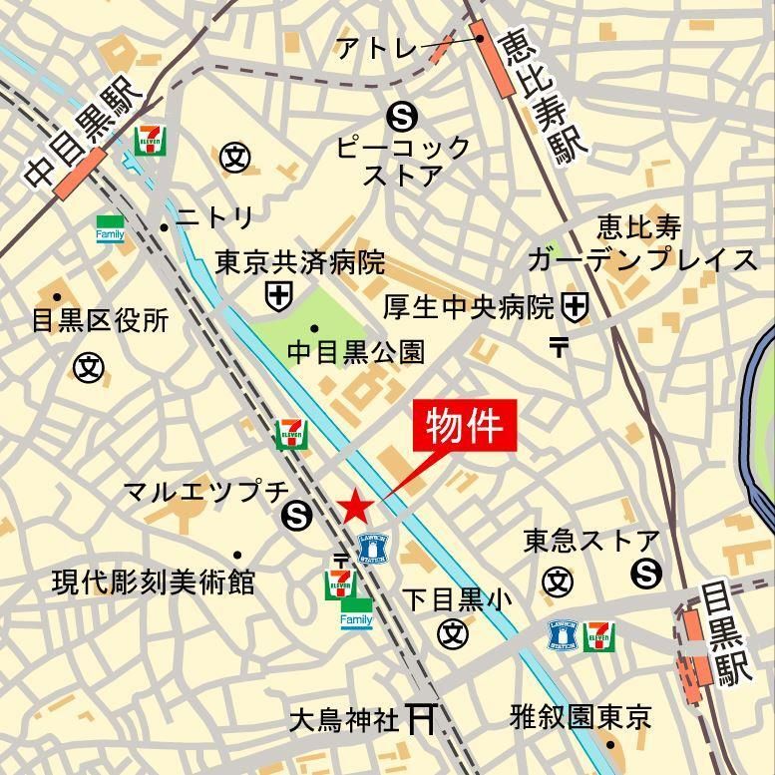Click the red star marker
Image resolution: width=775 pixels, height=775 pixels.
click(x=356, y=507)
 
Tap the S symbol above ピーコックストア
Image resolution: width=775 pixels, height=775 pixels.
click(x=403, y=118)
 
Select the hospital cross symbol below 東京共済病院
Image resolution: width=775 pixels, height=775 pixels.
click(x=278, y=294)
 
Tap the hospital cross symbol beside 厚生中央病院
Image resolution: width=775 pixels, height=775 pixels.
click(x=575, y=306)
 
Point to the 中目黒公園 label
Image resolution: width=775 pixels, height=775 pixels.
click(x=356, y=352)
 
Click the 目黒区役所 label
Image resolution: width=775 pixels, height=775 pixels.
click(x=100, y=321)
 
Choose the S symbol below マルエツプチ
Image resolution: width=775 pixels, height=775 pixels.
click(x=296, y=516)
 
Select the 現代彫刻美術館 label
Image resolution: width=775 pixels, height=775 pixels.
click(x=154, y=581)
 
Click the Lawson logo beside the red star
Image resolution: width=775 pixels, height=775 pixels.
click(x=372, y=547)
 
